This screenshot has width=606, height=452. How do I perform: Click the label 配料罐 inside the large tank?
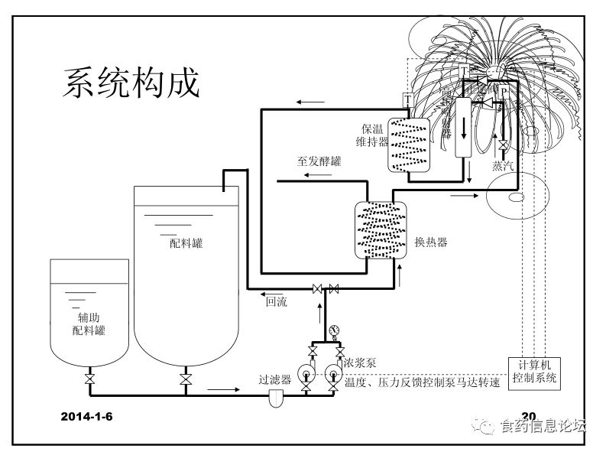pyautogui.click(x=186, y=243)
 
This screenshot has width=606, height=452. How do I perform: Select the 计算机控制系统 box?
pyautogui.click(x=535, y=371)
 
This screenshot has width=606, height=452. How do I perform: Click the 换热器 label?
pyautogui.click(x=430, y=242)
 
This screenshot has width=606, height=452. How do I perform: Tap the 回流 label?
pyautogui.click(x=276, y=301)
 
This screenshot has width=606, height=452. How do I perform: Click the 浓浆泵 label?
pyautogui.click(x=360, y=363)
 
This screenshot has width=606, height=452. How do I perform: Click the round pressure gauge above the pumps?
pyautogui.click(x=333, y=331)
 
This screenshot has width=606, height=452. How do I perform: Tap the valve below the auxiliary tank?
pyautogui.click(x=89, y=379)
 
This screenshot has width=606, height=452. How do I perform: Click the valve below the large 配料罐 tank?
pyautogui.click(x=184, y=379)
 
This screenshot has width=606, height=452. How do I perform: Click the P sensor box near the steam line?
pyautogui.click(x=504, y=91)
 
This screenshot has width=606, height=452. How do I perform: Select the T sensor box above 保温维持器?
pyautogui.click(x=407, y=99)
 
